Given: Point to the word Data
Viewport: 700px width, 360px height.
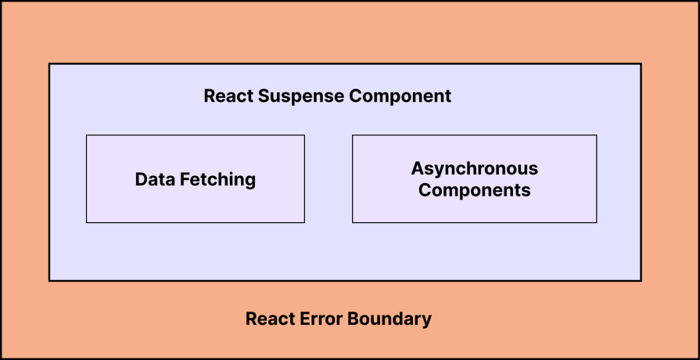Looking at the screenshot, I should coord(154,179).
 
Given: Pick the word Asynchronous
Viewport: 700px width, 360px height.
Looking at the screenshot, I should coord(474,168).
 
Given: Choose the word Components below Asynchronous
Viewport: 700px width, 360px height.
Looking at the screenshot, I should coord(474,190).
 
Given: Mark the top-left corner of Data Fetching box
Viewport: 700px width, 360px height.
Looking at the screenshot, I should coord(86,135).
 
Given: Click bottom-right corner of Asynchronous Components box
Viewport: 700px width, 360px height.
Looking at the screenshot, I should coord(596,222).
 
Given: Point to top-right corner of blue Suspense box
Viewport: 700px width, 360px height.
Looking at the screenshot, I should coord(641,64).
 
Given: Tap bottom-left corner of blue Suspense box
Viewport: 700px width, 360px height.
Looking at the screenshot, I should coord(49,280).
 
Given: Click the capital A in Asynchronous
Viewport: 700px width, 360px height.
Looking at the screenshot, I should coord(417,168).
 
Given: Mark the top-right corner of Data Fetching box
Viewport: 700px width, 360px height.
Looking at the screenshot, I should coord(304,135).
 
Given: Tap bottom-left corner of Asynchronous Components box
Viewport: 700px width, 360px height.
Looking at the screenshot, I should coord(353,222).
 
